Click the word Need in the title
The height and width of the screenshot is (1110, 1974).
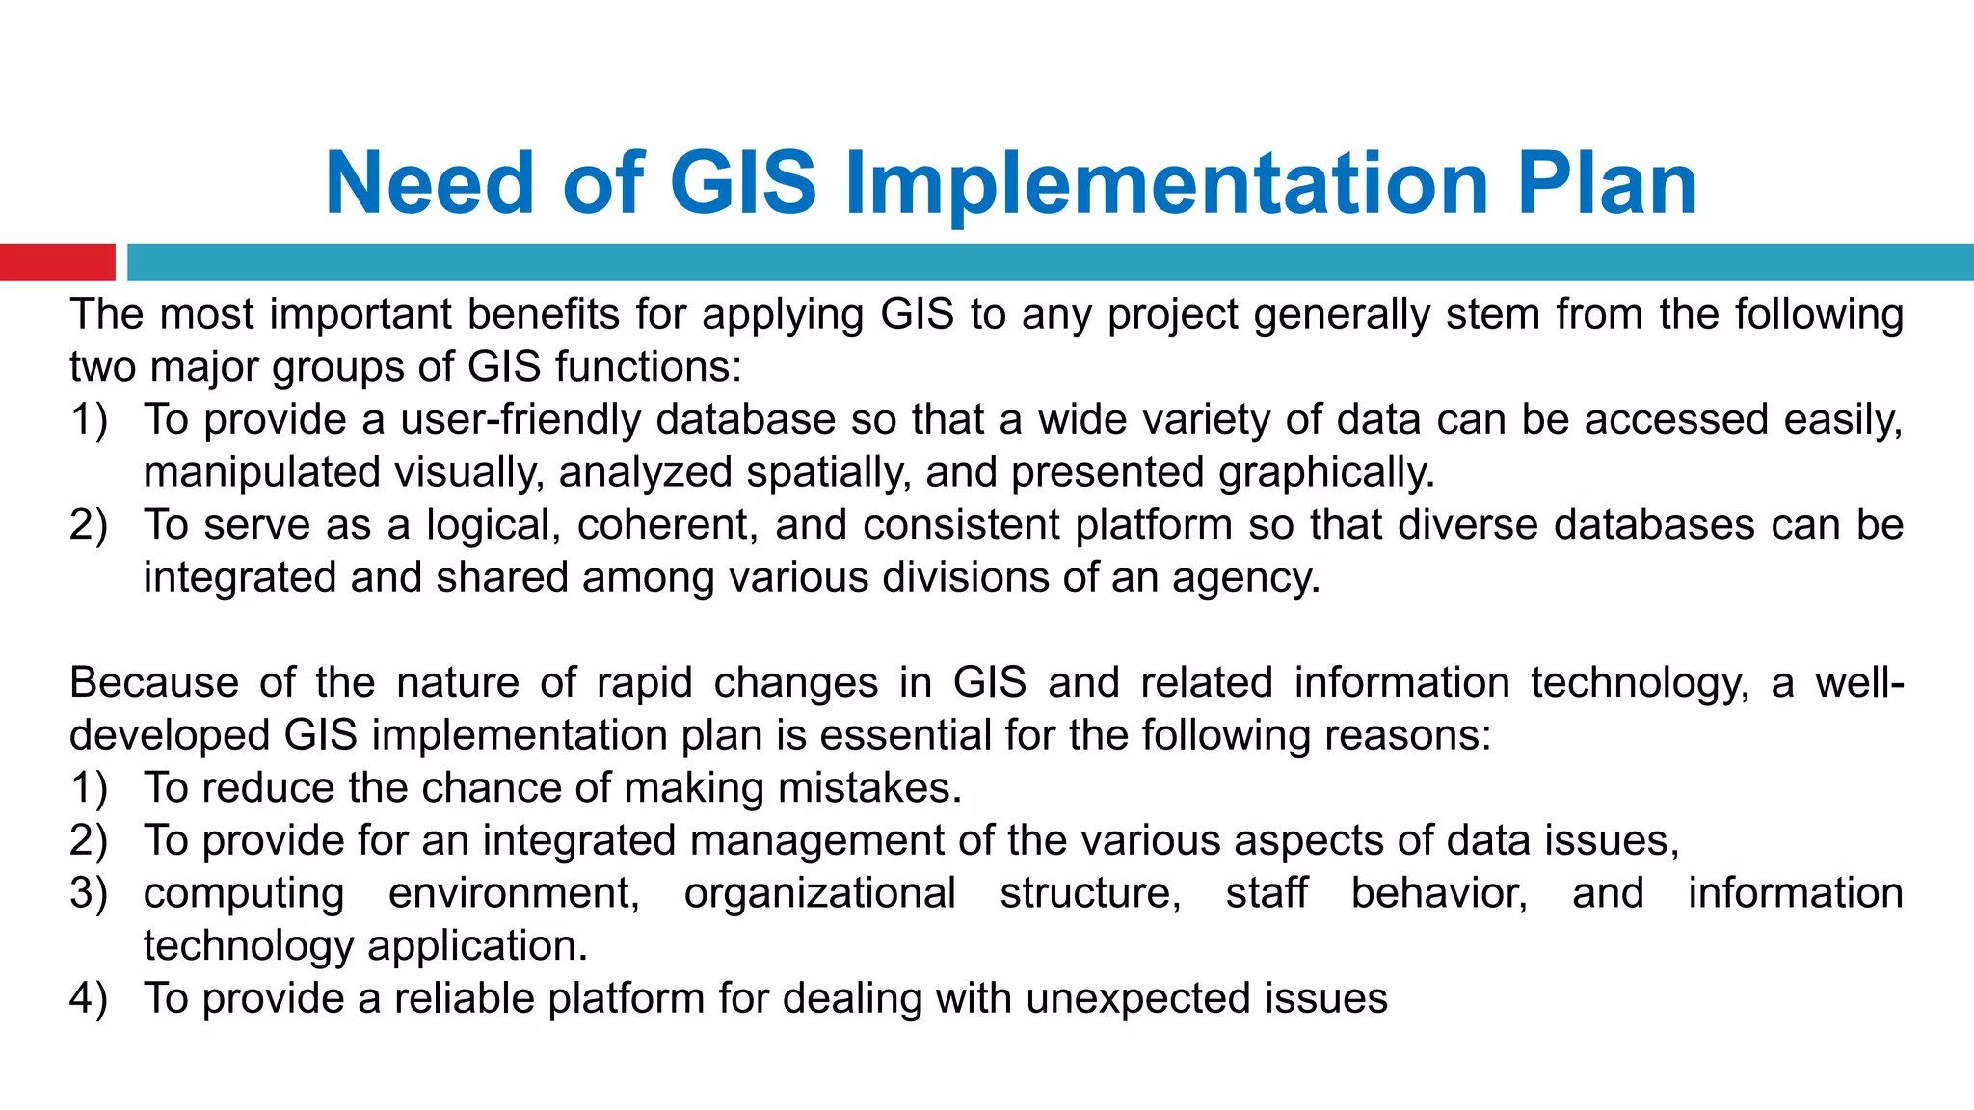[x=430, y=183]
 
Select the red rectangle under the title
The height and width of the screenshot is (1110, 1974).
[x=58, y=262]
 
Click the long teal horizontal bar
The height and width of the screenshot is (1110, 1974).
[x=1051, y=262]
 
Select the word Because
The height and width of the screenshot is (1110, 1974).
[x=154, y=683]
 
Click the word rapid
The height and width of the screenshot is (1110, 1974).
[x=645, y=683]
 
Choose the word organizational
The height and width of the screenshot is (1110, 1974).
[x=819, y=893]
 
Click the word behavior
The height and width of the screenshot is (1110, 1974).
[x=1439, y=893]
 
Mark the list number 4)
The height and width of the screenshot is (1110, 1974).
[x=89, y=998]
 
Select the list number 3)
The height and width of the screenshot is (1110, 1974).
[x=89, y=893]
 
